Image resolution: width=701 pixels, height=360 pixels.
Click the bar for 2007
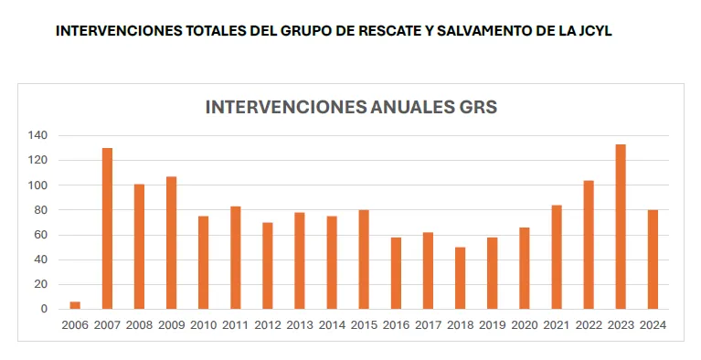(x=107, y=228)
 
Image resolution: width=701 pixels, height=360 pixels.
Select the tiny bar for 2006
(x=75, y=305)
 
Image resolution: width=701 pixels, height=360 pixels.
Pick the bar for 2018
(x=461, y=278)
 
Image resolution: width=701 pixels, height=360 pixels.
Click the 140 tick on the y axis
(x=37, y=135)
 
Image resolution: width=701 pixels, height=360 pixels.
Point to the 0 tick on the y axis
(x=42, y=309)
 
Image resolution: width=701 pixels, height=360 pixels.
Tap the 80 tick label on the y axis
(x=39, y=210)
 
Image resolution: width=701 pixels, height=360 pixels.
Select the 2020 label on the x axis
(x=525, y=325)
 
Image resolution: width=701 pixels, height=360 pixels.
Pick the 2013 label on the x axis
(x=300, y=325)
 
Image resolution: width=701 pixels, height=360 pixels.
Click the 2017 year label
(x=428, y=325)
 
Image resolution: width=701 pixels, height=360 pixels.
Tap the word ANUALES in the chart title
(x=403, y=107)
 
